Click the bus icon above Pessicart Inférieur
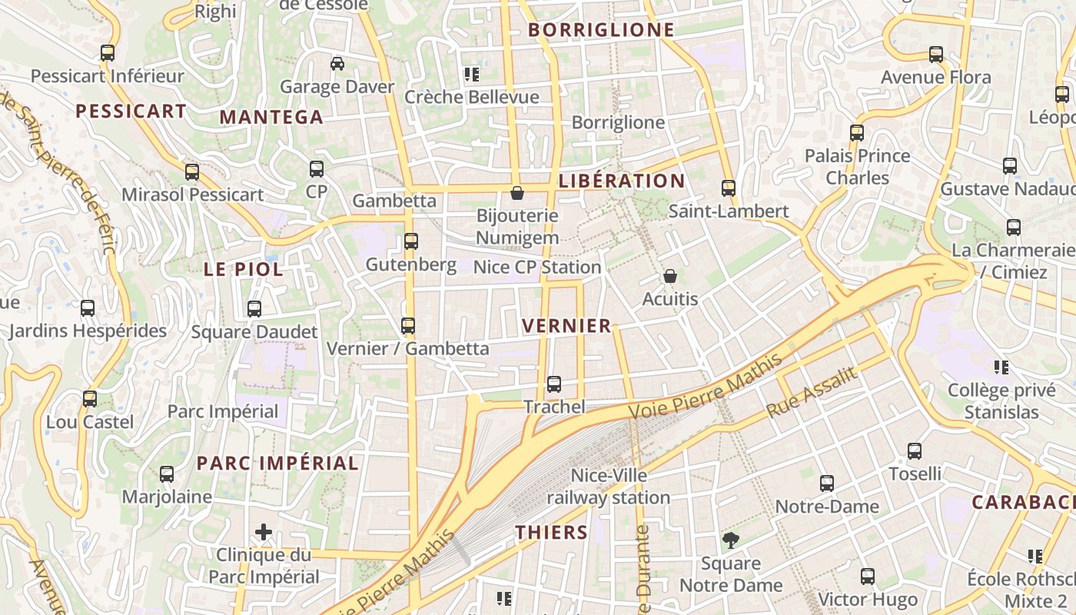tap(108, 53)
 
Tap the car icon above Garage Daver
tap(337, 63)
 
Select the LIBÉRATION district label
tap(622, 181)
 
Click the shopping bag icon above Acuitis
tap(670, 276)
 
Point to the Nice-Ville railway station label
tap(609, 487)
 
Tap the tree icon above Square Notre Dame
tap(731, 540)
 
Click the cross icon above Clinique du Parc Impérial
tap(264, 531)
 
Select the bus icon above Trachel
tap(554, 384)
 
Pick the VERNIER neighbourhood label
tap(566, 325)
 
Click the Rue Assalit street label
tap(811, 392)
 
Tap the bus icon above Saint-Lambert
tap(729, 188)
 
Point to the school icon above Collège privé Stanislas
tap(1001, 367)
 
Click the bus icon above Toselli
tap(915, 450)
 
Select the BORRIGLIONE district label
tap(602, 30)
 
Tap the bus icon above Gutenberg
tap(411, 241)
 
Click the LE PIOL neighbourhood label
tap(243, 269)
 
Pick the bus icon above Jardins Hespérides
tap(88, 308)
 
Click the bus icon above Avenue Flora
tap(936, 55)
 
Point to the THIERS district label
tap(551, 532)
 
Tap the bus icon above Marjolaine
tap(167, 474)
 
